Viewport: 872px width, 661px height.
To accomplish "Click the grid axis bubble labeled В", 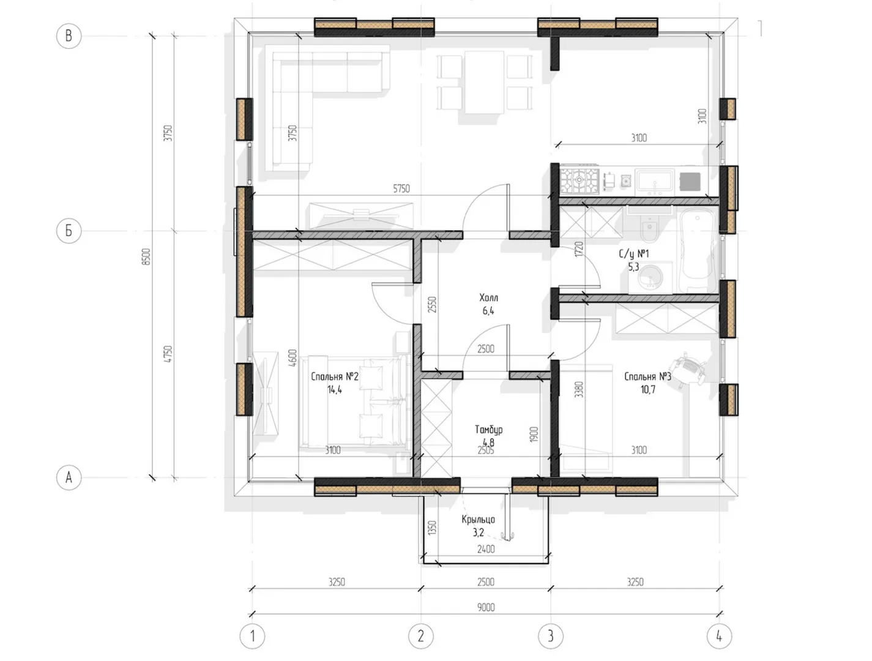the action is pyautogui.click(x=69, y=36).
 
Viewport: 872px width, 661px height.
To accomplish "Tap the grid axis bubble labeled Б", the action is pyautogui.click(x=69, y=230).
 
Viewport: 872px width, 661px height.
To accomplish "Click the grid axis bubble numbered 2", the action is pyautogui.click(x=421, y=636).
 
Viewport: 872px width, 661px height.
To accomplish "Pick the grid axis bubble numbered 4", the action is pyautogui.click(x=719, y=636).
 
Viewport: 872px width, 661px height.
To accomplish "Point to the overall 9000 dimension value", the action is pyautogui.click(x=486, y=607).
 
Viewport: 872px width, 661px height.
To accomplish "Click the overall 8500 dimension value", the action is pyautogui.click(x=147, y=256).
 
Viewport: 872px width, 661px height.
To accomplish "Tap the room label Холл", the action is pyautogui.click(x=488, y=297).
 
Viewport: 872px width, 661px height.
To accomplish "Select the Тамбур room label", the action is pyautogui.click(x=489, y=430).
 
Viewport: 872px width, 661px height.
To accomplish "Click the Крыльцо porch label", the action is pyautogui.click(x=479, y=519).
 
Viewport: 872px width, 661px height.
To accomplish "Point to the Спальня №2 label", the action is pyautogui.click(x=335, y=376).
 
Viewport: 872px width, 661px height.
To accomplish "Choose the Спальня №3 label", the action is pyautogui.click(x=647, y=376).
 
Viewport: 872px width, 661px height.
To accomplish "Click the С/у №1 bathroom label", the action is pyautogui.click(x=633, y=253).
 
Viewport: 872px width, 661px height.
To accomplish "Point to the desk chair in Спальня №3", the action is pyautogui.click(x=688, y=368).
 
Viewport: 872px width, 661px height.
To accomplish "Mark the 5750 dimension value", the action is pyautogui.click(x=401, y=189).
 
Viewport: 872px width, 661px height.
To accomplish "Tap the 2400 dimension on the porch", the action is pyautogui.click(x=486, y=550).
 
